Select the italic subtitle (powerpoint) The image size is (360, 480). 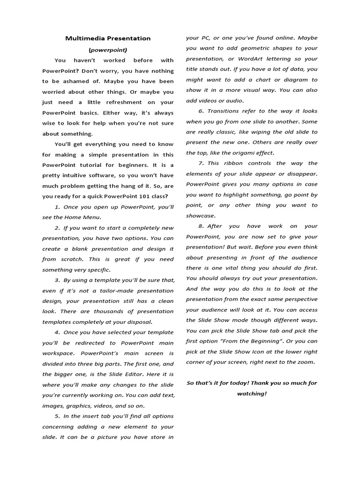[108, 49]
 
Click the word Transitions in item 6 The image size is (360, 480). [225, 111]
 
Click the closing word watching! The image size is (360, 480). [252, 394]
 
